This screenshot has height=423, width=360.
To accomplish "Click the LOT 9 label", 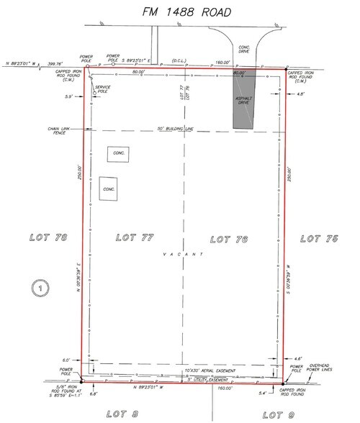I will [279, 414].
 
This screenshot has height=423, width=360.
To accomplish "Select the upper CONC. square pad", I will [117, 153].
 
